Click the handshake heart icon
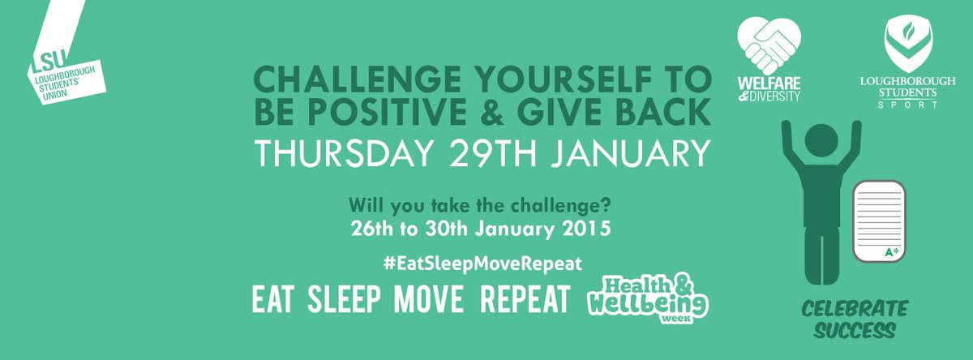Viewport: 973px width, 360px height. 767,46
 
